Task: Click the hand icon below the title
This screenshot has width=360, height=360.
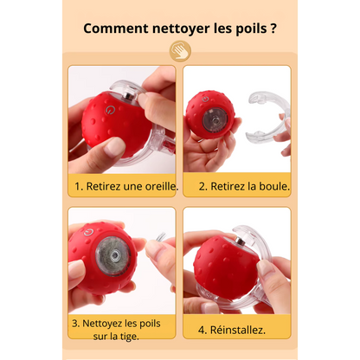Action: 180,50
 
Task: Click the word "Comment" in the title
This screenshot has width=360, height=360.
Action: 112,28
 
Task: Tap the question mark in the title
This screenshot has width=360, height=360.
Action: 273,28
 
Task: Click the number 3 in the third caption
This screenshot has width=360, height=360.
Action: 74,325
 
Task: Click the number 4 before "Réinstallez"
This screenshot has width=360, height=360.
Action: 201,330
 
